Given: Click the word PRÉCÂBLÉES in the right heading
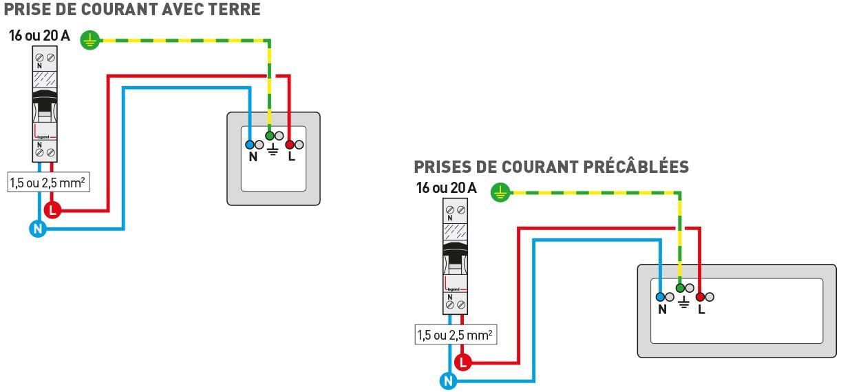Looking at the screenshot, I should pos(636,167).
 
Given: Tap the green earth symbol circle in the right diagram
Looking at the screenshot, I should pos(501,193).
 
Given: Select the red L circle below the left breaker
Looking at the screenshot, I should pos(52,209).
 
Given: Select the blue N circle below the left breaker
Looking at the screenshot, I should pos(38,229).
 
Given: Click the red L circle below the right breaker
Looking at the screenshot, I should pos(463,361).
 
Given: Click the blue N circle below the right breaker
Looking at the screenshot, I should pos(449,380).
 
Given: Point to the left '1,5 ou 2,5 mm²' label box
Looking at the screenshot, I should pos(49,183).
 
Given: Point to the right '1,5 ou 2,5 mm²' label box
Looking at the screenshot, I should pos(456,336).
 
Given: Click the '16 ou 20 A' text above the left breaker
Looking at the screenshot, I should pos(39,36).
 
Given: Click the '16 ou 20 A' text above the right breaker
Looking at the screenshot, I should pos(446,188).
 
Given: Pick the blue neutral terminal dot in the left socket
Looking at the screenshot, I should pos(249,145).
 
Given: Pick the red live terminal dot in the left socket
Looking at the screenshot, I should pos(290,145).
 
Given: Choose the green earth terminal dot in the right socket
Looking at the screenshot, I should pos(680,288).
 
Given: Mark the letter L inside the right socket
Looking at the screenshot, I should pos(701,309).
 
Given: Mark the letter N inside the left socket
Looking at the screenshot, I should pos(253,157).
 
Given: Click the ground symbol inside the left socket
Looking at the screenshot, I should pos(273,150).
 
